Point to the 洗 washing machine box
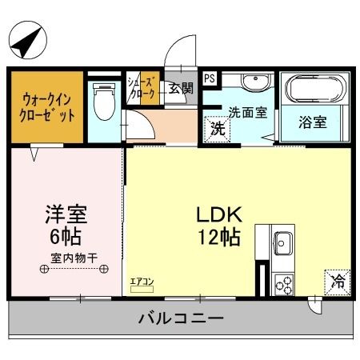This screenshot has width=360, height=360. point(215,128)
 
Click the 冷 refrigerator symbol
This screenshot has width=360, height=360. point(338,281)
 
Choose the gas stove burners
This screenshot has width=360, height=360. point(284,281)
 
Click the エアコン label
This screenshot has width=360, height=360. point(142,282)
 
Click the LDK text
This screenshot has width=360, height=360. point(215,215)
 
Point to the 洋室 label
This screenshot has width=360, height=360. point(65,215)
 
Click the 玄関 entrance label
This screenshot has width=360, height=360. point(180,89)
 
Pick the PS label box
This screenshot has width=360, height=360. point(210,78)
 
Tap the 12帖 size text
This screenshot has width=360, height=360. point(215,238)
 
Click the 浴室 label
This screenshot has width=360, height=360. point(314,123)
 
